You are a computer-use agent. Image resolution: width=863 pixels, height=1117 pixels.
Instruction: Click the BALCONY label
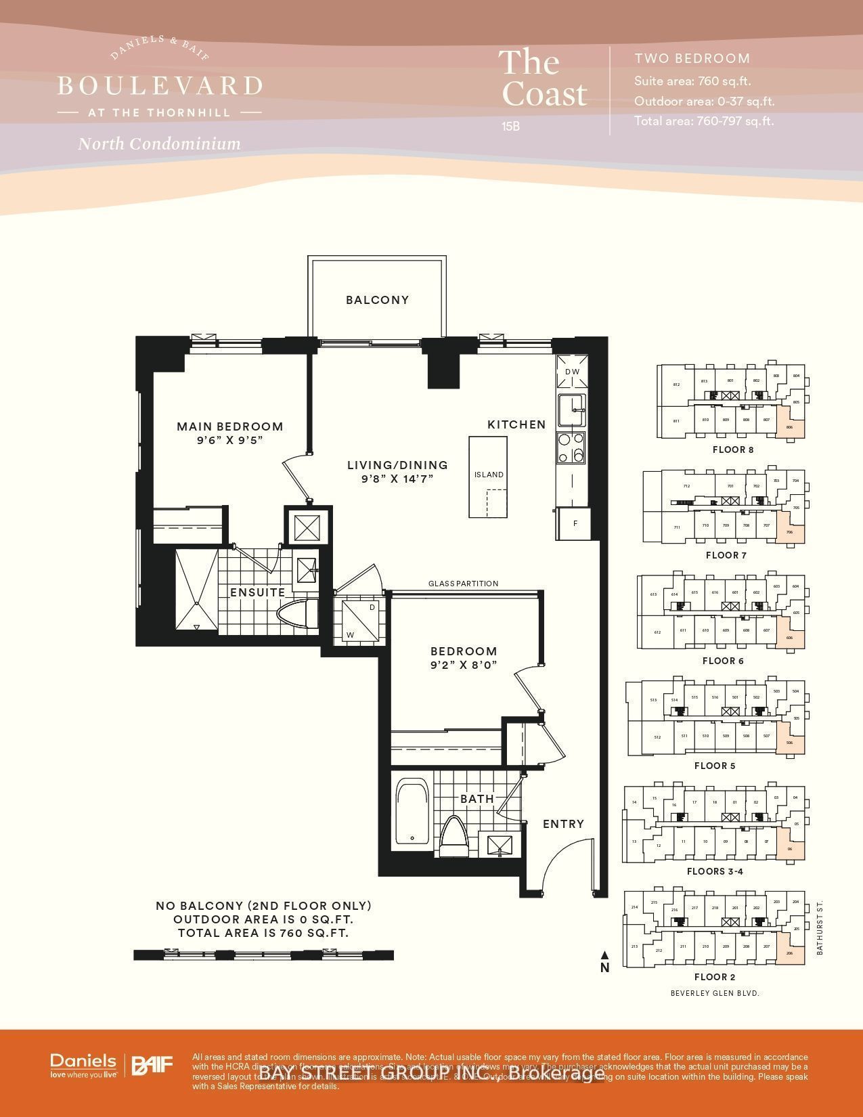coord(377,300)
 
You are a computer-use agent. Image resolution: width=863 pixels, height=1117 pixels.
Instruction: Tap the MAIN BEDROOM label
coord(229,426)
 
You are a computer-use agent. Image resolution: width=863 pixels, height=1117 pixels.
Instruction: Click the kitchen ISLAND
coord(488,475)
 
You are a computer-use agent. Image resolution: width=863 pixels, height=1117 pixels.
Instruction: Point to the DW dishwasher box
coord(572,372)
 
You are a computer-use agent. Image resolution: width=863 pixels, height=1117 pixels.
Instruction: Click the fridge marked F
coord(575,524)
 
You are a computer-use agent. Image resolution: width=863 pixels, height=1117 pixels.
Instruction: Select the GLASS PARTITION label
coord(463,584)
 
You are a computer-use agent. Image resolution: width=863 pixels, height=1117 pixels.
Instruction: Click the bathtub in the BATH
coord(412,812)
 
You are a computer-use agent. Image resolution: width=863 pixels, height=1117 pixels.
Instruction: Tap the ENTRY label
coord(563,824)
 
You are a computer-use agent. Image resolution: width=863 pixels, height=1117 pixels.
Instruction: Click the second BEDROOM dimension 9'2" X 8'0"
coord(464,665)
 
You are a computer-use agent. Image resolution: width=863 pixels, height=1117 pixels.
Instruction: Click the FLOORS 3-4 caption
coord(715,871)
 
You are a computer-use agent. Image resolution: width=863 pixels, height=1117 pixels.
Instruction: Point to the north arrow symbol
coord(604,955)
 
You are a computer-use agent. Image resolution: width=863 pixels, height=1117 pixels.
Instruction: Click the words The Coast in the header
coord(543,79)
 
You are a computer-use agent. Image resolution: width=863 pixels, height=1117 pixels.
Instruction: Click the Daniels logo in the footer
coord(83,1065)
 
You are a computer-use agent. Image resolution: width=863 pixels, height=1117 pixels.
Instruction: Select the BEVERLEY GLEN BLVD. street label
coord(715,993)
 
